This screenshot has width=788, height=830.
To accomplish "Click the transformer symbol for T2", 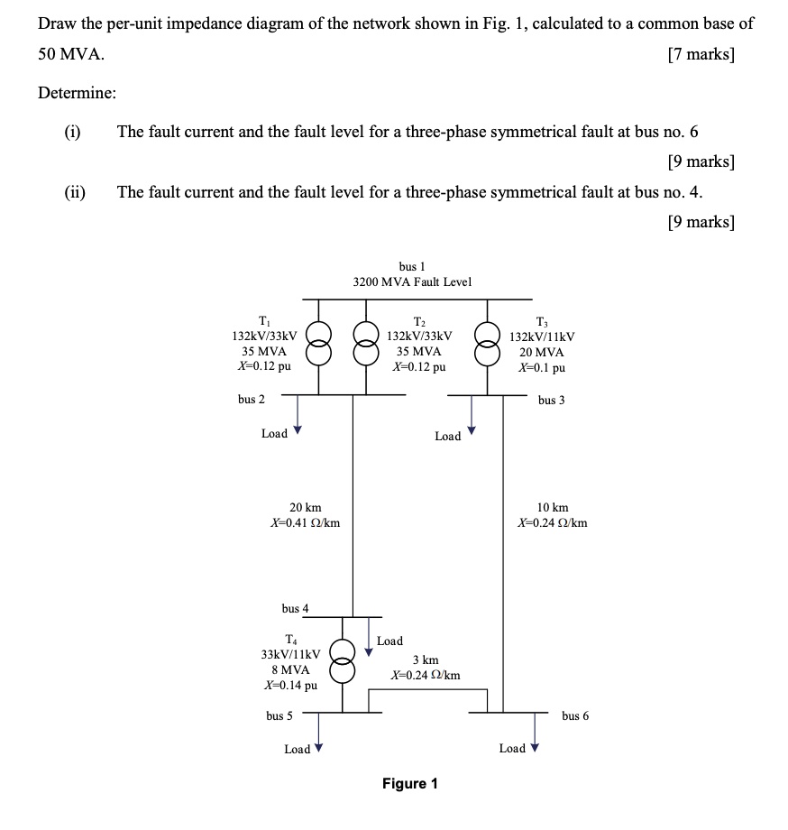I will click(x=366, y=346).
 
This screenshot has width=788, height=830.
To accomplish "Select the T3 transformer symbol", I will click(x=488, y=346).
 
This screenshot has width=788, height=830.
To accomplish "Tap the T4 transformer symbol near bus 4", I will click(x=342, y=661).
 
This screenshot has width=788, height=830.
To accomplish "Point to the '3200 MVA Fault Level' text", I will click(x=412, y=282).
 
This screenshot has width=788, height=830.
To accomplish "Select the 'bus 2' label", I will click(x=252, y=399).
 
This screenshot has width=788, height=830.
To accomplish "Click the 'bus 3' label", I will click(x=552, y=400).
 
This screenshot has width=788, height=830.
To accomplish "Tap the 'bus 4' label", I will click(x=296, y=608).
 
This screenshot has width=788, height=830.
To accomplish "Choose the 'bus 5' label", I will click(x=279, y=715).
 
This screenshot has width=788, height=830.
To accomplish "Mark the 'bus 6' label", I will click(x=575, y=715).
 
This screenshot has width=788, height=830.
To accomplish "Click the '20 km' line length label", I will click(x=306, y=508).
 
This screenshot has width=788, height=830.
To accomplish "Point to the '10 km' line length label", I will click(x=553, y=508).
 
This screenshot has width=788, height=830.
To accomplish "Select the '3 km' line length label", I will click(x=426, y=660).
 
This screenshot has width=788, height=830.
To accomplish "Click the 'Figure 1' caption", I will click(x=410, y=783).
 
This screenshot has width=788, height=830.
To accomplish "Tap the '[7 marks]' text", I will click(x=701, y=55).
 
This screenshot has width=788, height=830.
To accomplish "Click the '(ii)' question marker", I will click(x=74, y=192).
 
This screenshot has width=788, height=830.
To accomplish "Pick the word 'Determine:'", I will click(x=77, y=92).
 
